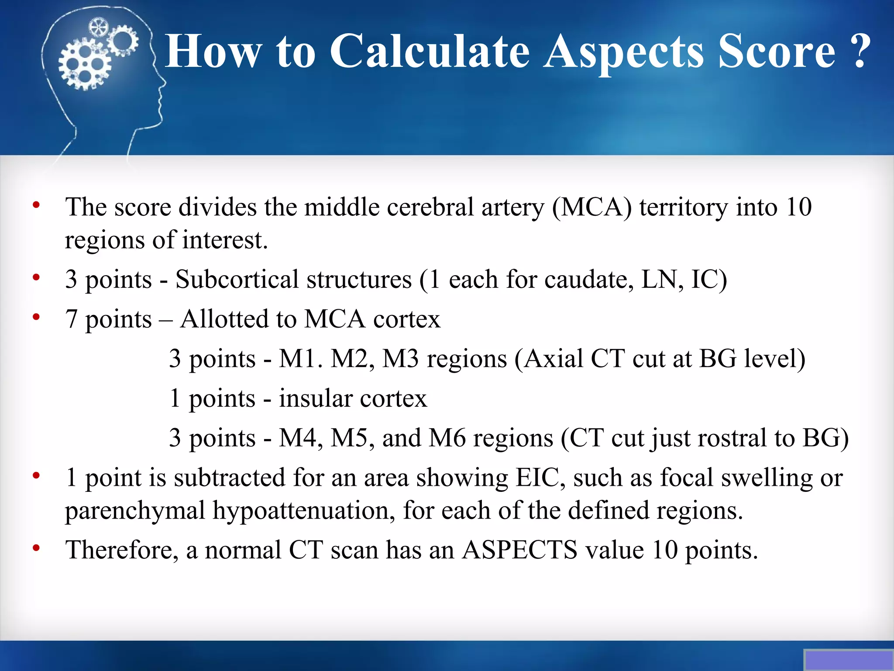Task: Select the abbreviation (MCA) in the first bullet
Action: tap(591, 207)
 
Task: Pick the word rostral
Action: tap(726, 438)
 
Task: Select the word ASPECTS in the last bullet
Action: tap(519, 550)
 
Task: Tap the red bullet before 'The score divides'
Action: tap(36, 205)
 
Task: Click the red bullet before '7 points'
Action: tap(36, 317)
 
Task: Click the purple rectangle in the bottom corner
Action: tap(848, 660)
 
